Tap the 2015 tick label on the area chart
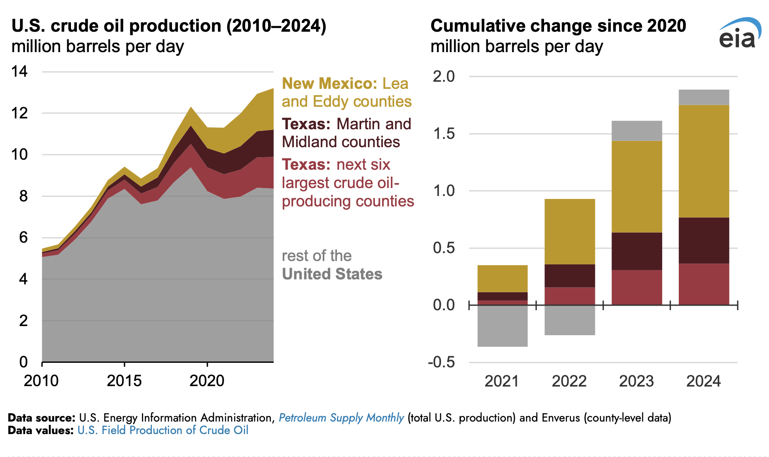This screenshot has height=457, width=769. [124, 381]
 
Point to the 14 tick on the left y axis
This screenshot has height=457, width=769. [20, 72]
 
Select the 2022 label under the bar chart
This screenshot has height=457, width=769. [569, 381]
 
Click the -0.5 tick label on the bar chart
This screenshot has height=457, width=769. [441, 362]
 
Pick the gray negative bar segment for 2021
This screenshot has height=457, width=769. [502, 326]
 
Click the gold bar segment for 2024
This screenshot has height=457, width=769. [703, 161]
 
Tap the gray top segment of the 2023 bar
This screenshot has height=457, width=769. [637, 131]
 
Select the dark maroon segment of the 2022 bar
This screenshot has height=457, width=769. [569, 276]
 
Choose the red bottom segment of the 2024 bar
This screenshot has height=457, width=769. [703, 284]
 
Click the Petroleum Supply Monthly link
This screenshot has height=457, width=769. [341, 418]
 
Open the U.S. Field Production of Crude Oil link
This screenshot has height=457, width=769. [163, 430]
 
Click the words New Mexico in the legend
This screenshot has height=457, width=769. [327, 83]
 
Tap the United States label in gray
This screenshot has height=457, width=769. [332, 274]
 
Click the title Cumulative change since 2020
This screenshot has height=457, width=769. [558, 26]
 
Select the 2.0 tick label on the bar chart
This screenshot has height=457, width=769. [444, 76]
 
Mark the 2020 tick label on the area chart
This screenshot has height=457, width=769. [207, 381]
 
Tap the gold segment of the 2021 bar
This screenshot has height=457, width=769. [502, 279]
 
